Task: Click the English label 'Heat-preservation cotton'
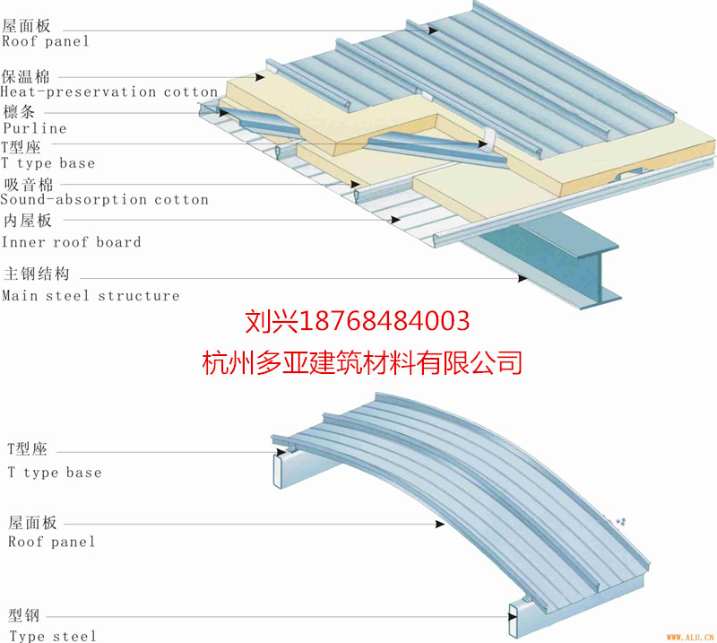108,92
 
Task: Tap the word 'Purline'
35,128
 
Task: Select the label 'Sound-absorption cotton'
104,199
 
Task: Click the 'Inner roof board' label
71,241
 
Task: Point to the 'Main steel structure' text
91,296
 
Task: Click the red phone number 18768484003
384,321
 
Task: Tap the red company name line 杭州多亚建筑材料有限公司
362,362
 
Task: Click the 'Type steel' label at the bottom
53,636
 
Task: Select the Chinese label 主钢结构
37,274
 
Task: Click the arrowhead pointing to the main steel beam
523,278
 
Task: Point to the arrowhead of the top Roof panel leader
433,30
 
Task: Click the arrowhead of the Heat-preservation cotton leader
260,77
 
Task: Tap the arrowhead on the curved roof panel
440,524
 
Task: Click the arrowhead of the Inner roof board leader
395,220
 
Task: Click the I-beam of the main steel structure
553,261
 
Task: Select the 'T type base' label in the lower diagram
55,473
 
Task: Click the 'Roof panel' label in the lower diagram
52,542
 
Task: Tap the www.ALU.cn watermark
690,637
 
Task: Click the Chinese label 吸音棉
29,185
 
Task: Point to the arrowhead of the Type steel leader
513,617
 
